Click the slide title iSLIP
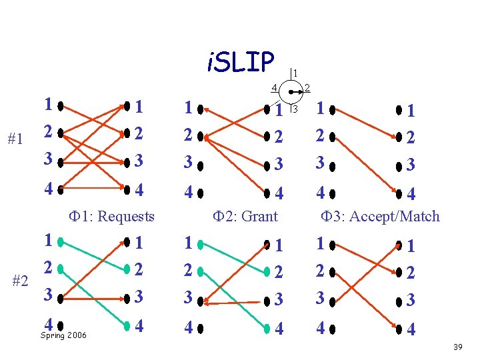241,62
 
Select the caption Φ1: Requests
112,216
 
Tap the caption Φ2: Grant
245,216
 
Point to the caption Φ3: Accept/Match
380,216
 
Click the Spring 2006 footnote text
63,335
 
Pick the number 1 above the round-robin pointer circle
295,73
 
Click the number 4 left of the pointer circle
274,87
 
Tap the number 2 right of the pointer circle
307,87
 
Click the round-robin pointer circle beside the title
291,92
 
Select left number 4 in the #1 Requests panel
47,189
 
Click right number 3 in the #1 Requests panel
138,161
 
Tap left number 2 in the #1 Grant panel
189,137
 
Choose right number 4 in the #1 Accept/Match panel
411,195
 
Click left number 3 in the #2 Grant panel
189,297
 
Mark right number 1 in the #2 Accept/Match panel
411,246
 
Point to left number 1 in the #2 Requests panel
47,241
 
